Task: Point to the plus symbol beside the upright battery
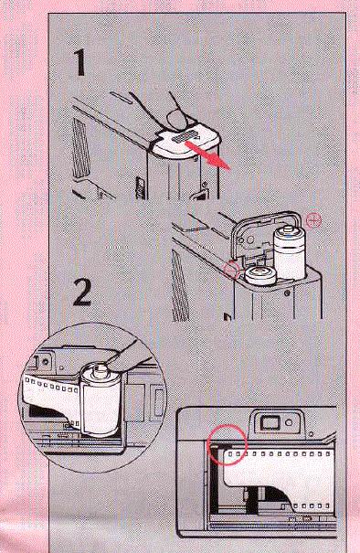pos(315,219)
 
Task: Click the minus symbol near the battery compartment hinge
pos(229,270)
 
